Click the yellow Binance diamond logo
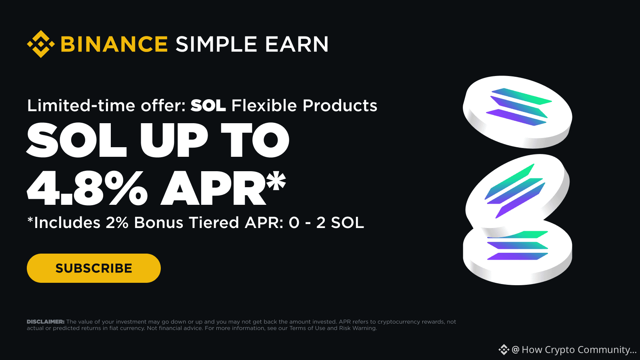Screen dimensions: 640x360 coord(41,44)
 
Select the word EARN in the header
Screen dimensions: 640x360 coord(297,44)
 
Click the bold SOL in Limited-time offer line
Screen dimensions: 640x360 coord(208,106)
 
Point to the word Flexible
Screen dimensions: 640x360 coord(264,106)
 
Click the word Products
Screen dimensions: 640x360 coord(340,106)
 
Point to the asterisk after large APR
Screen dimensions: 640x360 coord(276,180)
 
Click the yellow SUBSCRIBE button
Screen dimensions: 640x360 coord(94,268)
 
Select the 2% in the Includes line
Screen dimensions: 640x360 coord(117,222)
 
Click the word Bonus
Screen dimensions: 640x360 coord(158,222)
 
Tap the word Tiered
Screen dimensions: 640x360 coord(214,222)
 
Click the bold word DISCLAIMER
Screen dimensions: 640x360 coord(46,322)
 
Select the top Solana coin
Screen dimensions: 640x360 coord(518,112)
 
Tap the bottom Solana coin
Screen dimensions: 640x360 coord(518,256)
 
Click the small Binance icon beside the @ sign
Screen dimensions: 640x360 coord(504,350)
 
